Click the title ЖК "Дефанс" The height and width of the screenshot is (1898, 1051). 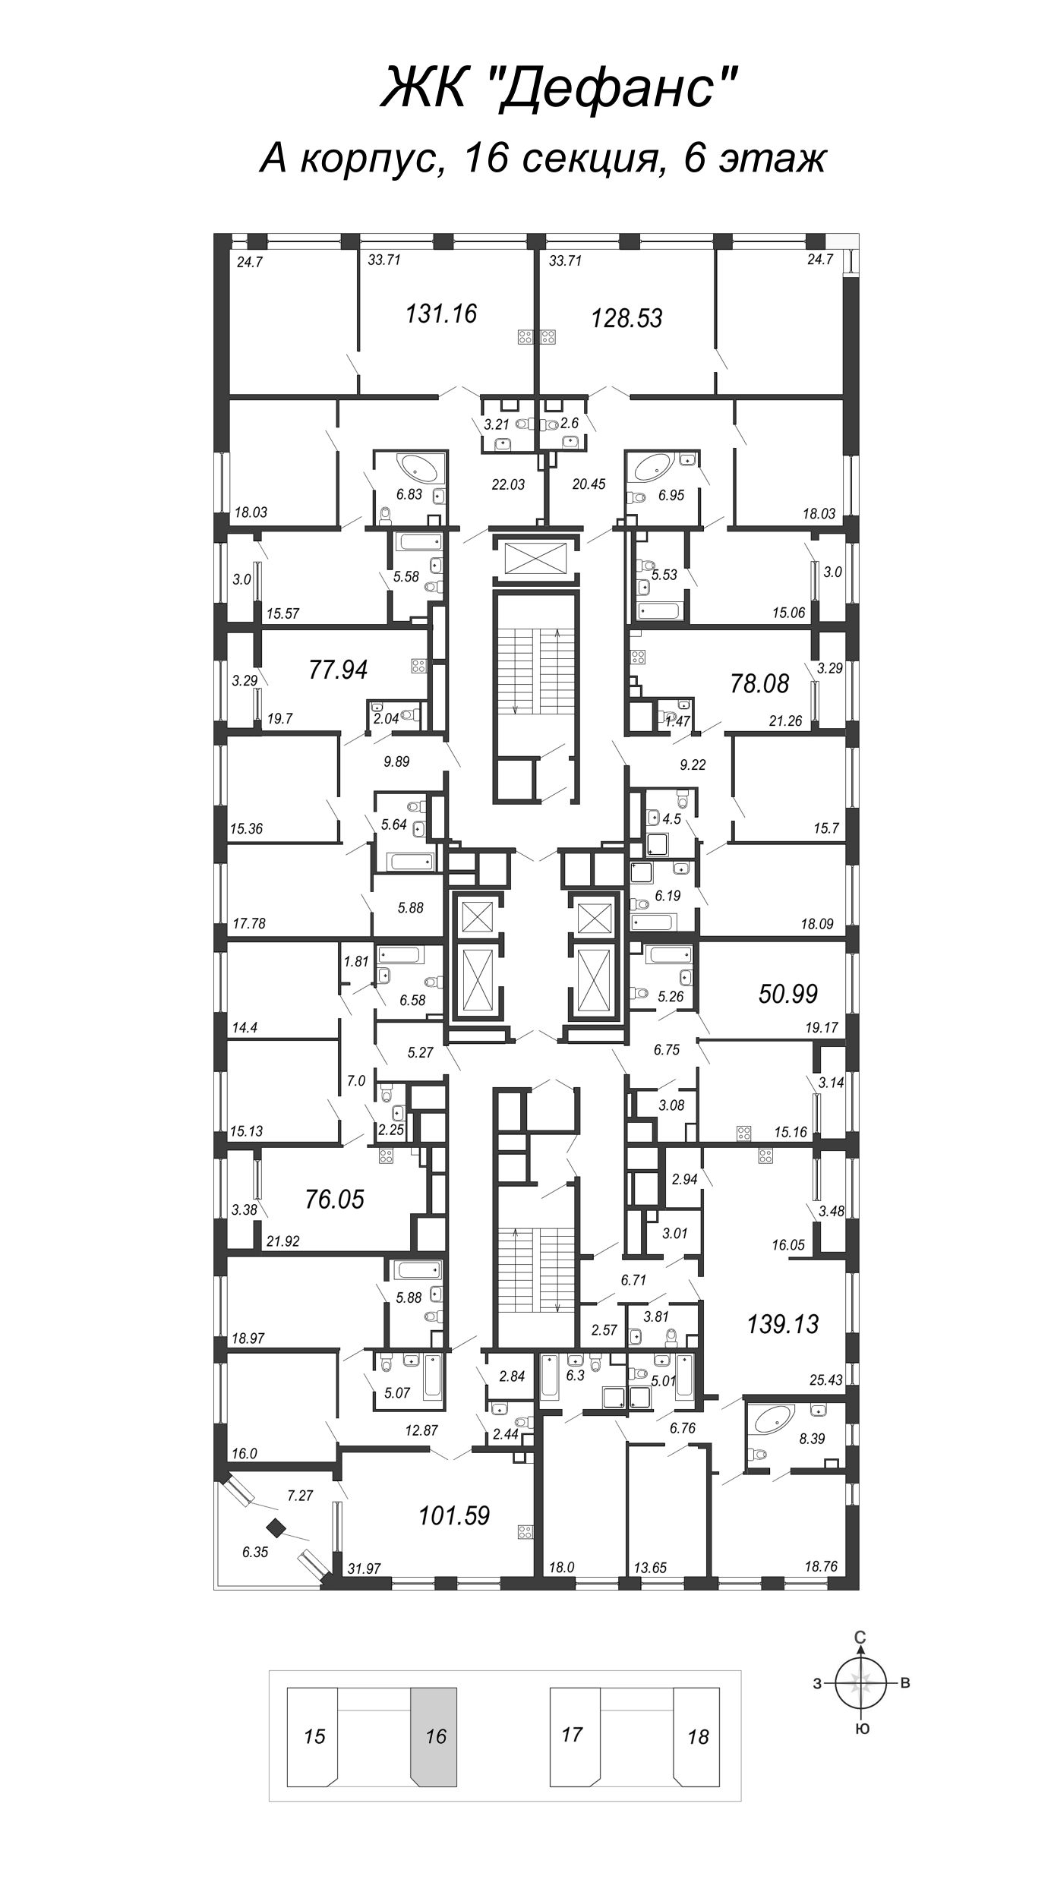pos(559,88)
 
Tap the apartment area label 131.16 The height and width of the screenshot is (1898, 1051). pos(441,313)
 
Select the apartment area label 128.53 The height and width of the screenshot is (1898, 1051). pos(626,318)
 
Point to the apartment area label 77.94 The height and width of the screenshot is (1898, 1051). pos(338,670)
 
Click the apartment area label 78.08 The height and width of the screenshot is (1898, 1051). pos(759,683)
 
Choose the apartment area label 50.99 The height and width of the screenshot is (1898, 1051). pos(788,993)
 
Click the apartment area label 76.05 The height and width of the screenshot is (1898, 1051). pos(334,1200)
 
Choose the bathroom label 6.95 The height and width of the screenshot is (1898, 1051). pos(671,494)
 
